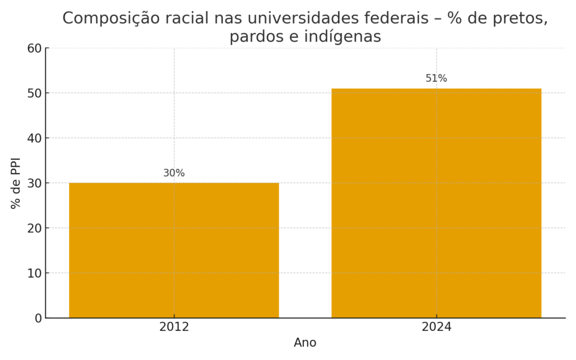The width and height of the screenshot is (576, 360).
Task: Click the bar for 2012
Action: tap(174, 250)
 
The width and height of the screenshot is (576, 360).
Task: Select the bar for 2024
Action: tap(436, 203)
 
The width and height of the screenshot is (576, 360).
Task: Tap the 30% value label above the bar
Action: tap(174, 173)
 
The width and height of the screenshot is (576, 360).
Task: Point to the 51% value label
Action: tap(436, 79)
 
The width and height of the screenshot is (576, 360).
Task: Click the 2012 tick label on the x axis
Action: tap(174, 327)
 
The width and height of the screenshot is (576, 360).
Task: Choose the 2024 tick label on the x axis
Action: tap(436, 327)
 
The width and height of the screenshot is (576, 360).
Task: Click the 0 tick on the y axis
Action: tap(38, 318)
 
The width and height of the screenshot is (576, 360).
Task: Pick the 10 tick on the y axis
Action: tap(35, 273)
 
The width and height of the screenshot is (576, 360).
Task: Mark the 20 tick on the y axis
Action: tap(35, 228)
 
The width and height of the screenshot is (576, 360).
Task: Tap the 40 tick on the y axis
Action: tap(35, 138)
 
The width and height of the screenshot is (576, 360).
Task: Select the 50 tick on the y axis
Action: tap(35, 93)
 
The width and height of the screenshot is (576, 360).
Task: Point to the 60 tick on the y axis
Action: tap(35, 48)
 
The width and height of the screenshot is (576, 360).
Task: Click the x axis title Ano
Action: tap(305, 343)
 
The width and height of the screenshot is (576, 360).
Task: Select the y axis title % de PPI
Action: tap(16, 183)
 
